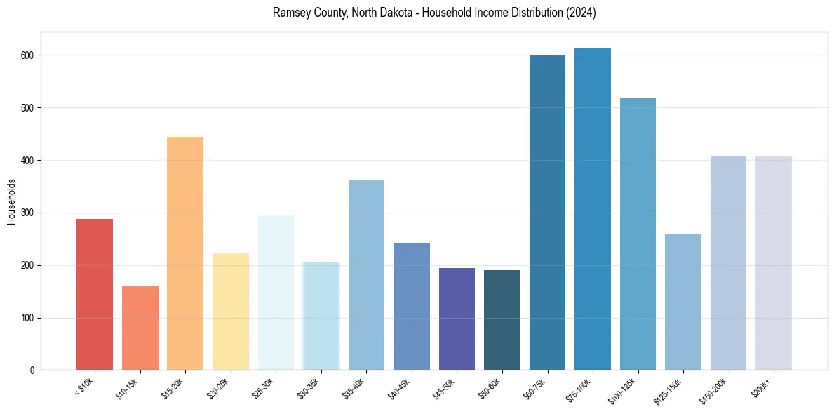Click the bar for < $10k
(94, 295)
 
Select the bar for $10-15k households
(140, 328)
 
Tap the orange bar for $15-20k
(185, 253)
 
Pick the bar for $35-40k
(366, 275)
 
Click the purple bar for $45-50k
(457, 319)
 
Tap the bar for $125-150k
(683, 302)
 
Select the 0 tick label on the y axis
(33, 370)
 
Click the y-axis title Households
(12, 201)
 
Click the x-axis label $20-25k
(219, 389)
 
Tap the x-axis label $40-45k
(400, 389)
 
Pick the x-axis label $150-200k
(715, 391)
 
